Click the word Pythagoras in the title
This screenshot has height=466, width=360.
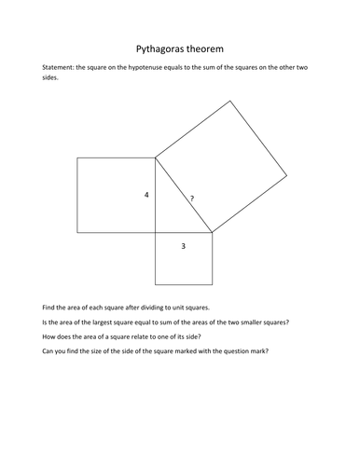pyautogui.click(x=158, y=48)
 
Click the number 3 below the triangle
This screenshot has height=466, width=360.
pyautogui.click(x=183, y=246)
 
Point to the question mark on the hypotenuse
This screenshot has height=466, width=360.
pyautogui.click(x=191, y=199)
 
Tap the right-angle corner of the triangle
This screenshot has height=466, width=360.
pyautogui.click(x=155, y=232)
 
